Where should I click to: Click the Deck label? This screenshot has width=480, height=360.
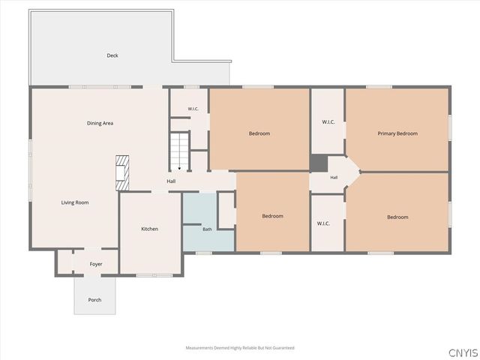click(112, 55)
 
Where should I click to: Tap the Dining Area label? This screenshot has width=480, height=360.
click(100, 123)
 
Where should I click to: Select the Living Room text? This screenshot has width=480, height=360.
click(75, 202)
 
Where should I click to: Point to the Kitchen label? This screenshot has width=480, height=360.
click(150, 229)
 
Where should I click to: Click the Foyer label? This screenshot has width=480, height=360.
click(96, 264)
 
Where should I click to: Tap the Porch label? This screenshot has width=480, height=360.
click(94, 300)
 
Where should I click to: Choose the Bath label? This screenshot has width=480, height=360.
click(207, 229)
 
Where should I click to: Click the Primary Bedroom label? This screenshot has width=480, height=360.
click(397, 133)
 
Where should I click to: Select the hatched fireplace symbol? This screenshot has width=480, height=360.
click(122, 173)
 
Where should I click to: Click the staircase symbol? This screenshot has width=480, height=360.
click(179, 151)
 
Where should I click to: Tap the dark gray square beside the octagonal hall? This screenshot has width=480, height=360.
click(319, 163)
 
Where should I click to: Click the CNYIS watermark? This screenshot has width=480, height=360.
click(463, 352)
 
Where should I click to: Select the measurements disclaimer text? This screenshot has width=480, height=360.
click(240, 348)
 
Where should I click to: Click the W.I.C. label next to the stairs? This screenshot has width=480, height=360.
click(193, 109)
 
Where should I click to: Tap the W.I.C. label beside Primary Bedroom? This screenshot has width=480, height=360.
click(328, 121)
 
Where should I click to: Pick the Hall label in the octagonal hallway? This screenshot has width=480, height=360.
click(334, 177)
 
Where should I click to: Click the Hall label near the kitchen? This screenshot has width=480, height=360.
click(171, 181)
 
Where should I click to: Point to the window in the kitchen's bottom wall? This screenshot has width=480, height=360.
click(154, 275)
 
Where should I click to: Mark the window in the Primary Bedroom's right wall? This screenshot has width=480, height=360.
click(450, 127)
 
